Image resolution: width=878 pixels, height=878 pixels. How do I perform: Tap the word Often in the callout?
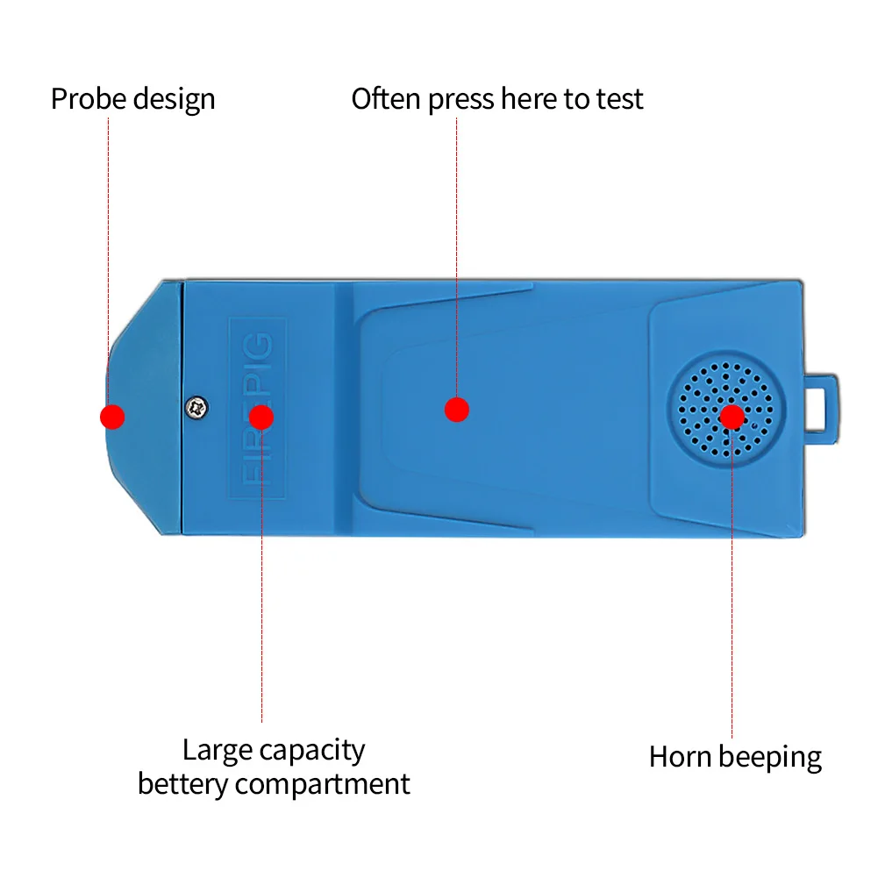[387, 98]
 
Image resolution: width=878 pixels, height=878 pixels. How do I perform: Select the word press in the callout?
[461, 100]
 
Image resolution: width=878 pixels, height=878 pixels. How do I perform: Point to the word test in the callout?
[619, 98]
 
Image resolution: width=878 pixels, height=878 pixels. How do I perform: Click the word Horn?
[677, 756]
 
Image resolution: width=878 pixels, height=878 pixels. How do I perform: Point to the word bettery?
[182, 783]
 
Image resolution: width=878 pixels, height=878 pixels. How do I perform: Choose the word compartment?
[323, 784]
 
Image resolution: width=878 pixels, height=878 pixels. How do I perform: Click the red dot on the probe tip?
[112, 417]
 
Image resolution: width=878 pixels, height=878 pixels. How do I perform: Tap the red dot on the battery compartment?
[261, 417]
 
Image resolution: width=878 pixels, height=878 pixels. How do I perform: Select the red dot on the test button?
[457, 409]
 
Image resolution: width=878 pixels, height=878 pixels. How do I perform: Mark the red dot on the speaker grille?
[732, 417]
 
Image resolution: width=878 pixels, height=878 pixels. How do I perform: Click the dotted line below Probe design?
[108, 246]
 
